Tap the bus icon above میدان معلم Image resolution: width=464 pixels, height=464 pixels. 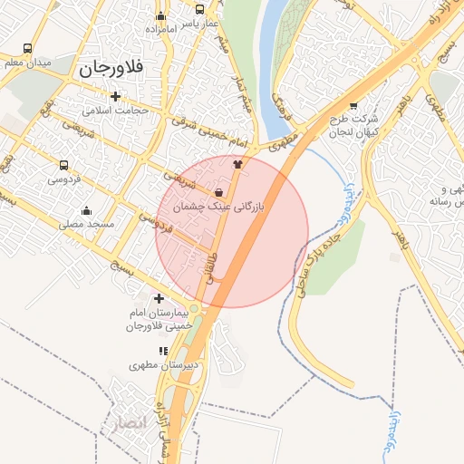27,48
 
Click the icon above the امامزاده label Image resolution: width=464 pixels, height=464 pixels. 161,15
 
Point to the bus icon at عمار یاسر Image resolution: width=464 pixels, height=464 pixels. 200,9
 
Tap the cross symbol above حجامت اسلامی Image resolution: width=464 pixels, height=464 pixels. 114,96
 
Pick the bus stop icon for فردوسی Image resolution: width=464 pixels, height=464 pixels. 63,165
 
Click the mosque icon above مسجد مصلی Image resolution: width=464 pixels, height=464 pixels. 86,210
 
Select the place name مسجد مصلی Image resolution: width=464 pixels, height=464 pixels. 87,224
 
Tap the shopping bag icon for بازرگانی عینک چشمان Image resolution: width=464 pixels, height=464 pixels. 219,192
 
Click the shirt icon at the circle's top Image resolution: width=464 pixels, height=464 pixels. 237,165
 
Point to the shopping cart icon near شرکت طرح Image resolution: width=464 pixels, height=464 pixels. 353,105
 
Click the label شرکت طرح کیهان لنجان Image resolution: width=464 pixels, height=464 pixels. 353,126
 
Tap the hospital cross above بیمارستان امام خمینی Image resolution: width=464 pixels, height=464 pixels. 159,298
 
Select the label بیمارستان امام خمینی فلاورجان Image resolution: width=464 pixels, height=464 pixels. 159,319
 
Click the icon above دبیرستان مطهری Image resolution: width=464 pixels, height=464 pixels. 163,351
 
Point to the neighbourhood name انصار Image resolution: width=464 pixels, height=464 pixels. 127,422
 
